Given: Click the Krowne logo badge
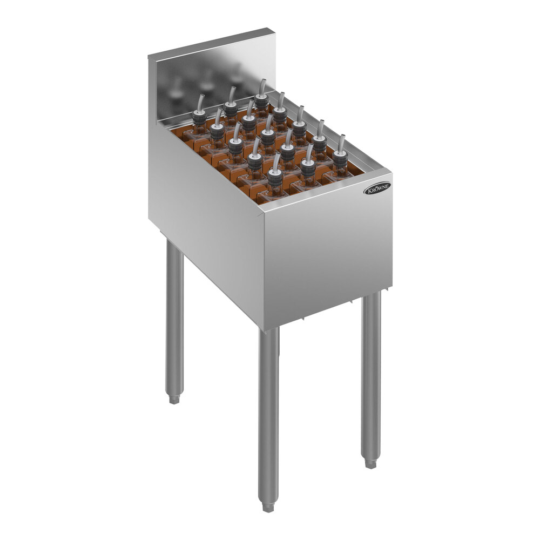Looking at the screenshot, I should click(377, 188).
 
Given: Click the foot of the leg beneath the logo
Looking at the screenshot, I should click(370, 463).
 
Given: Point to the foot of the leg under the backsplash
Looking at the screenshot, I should click(174, 399).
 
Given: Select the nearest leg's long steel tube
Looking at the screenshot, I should click(268, 410).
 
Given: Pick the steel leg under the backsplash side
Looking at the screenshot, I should click(174, 319).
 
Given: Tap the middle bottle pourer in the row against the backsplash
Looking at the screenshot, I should click(231, 108).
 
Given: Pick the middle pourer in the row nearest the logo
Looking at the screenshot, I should click(308, 164).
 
